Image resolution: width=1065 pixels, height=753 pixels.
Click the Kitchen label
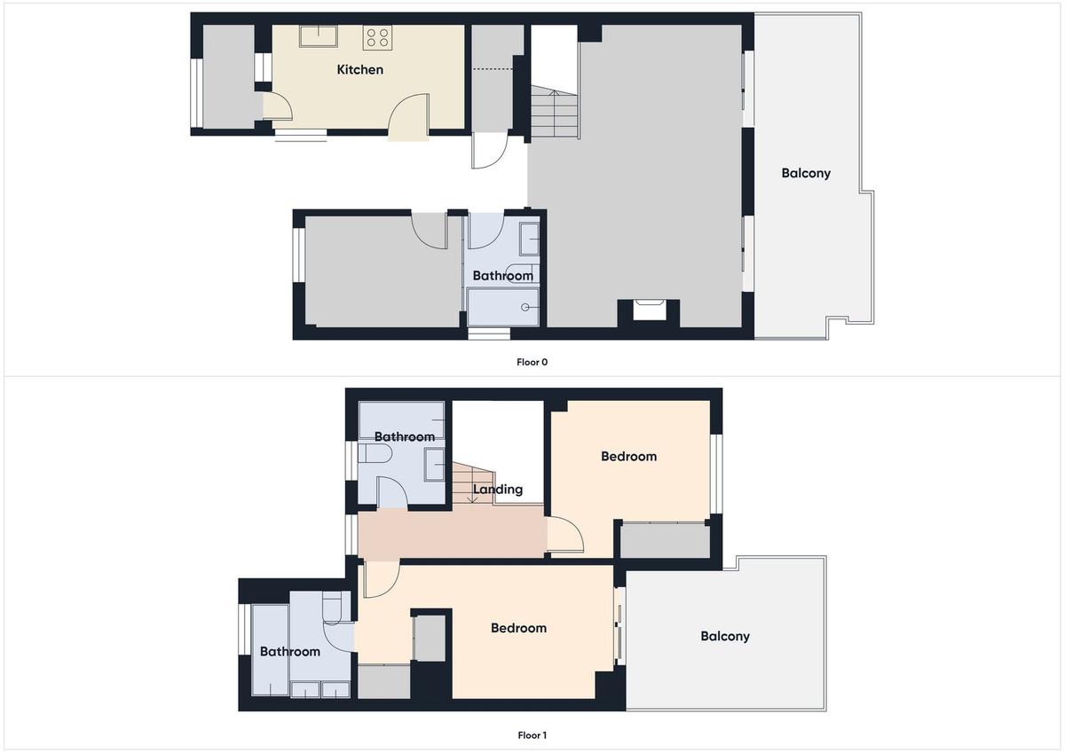tap(360, 70)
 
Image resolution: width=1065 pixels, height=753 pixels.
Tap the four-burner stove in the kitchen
tap(377, 38)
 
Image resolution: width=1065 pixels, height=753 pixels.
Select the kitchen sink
tap(318, 36)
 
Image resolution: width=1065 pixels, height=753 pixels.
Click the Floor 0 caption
tap(532, 362)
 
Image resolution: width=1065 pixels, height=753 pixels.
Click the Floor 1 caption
tap(532, 735)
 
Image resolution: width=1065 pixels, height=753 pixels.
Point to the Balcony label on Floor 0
tap(806, 174)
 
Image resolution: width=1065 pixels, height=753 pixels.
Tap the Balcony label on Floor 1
tap(725, 636)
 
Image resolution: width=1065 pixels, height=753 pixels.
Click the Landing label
tap(498, 490)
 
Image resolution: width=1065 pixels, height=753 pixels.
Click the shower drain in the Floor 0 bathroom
tap(525, 308)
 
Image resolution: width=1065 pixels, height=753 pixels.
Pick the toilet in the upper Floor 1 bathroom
tap(375, 454)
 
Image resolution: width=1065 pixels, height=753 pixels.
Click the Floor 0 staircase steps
tap(554, 112)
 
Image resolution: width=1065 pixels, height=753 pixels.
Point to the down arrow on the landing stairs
tap(472, 490)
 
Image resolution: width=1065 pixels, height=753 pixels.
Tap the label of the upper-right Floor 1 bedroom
tap(628, 457)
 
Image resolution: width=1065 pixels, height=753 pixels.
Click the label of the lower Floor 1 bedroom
tap(518, 628)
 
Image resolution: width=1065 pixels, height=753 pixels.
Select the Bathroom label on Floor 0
tap(503, 276)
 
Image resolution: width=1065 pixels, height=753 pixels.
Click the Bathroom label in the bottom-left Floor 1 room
tap(290, 651)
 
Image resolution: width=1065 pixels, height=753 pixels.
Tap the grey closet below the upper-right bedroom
tap(665, 540)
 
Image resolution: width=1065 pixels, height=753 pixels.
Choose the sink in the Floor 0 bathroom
tap(529, 239)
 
